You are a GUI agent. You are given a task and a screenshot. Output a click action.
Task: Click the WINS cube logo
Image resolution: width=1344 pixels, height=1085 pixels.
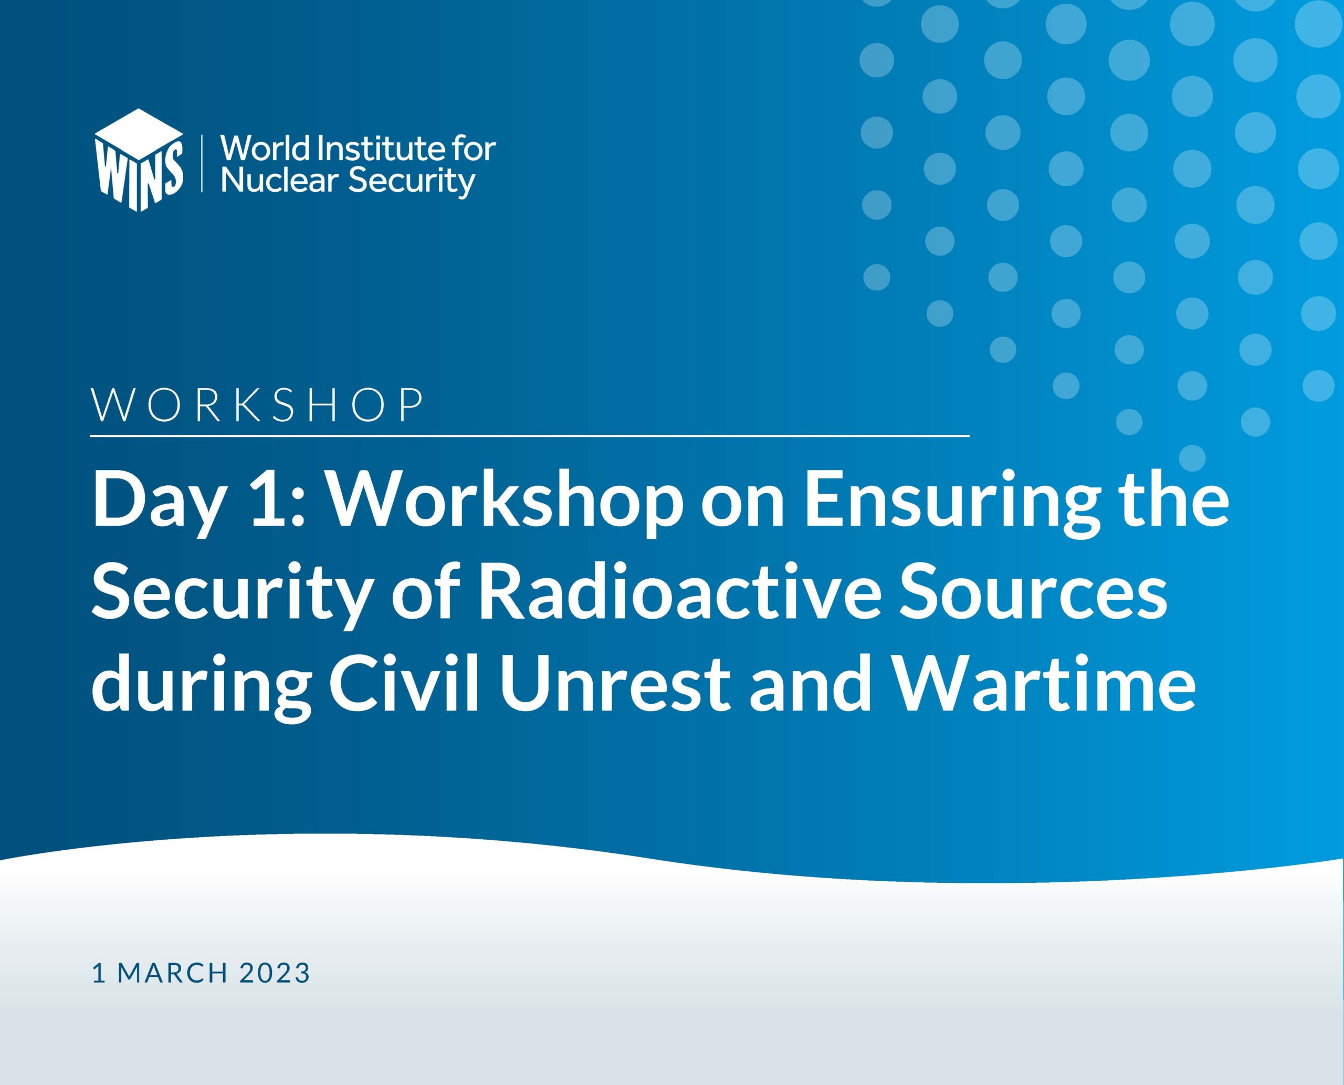[139, 160]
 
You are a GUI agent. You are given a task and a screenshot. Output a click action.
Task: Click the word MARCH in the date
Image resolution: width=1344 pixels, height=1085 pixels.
[172, 973]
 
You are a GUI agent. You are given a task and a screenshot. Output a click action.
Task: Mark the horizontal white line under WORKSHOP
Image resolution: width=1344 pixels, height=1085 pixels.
[530, 435]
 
